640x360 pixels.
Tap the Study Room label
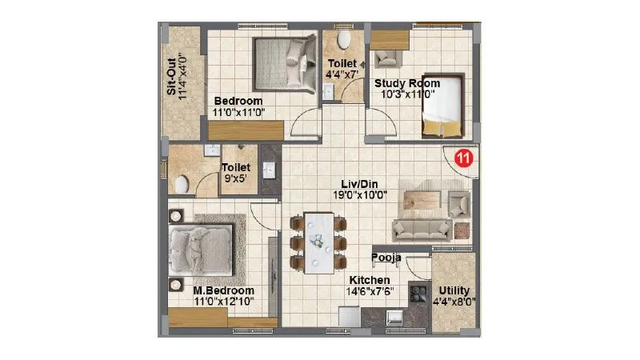[x=407, y=82]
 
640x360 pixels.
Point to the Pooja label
[x=386, y=258]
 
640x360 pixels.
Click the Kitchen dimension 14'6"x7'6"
[x=368, y=292]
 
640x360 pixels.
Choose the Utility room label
[x=454, y=290]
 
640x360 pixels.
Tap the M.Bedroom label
[x=223, y=290]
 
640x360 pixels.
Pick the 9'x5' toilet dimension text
[x=237, y=179]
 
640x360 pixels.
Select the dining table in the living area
[x=317, y=241]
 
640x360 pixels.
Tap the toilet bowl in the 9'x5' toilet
[x=181, y=183]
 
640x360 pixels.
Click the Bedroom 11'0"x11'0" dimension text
[x=238, y=113]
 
